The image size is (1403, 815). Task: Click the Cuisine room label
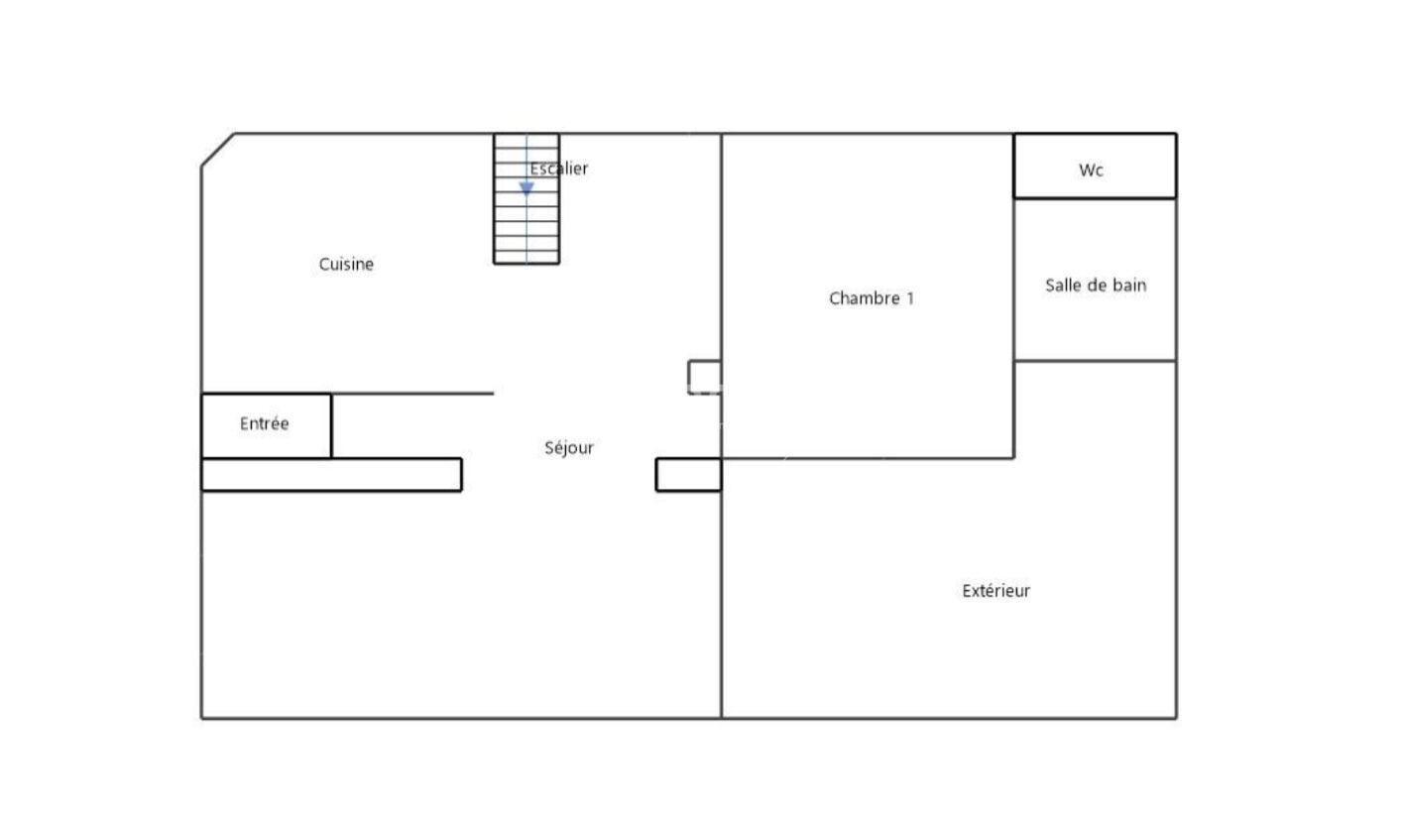coord(346,265)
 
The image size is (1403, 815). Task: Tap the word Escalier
coord(558,169)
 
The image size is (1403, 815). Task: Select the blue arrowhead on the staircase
coord(526,188)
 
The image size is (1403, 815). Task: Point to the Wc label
coord(1091,171)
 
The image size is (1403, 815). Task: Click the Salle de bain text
coord(1096,286)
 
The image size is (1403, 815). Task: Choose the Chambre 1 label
coord(872,298)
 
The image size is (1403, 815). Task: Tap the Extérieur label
coord(995,591)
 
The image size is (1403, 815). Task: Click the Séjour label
coord(569,448)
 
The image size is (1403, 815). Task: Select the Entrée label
coord(265,423)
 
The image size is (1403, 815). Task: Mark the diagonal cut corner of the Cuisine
coord(218,150)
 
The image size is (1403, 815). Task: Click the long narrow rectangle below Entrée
coord(331,475)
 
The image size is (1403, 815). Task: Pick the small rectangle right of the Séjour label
coord(688,475)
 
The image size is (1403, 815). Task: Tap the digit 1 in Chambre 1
coord(910,298)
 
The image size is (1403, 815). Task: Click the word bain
coord(1130,286)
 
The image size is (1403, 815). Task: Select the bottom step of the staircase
coord(526,257)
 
